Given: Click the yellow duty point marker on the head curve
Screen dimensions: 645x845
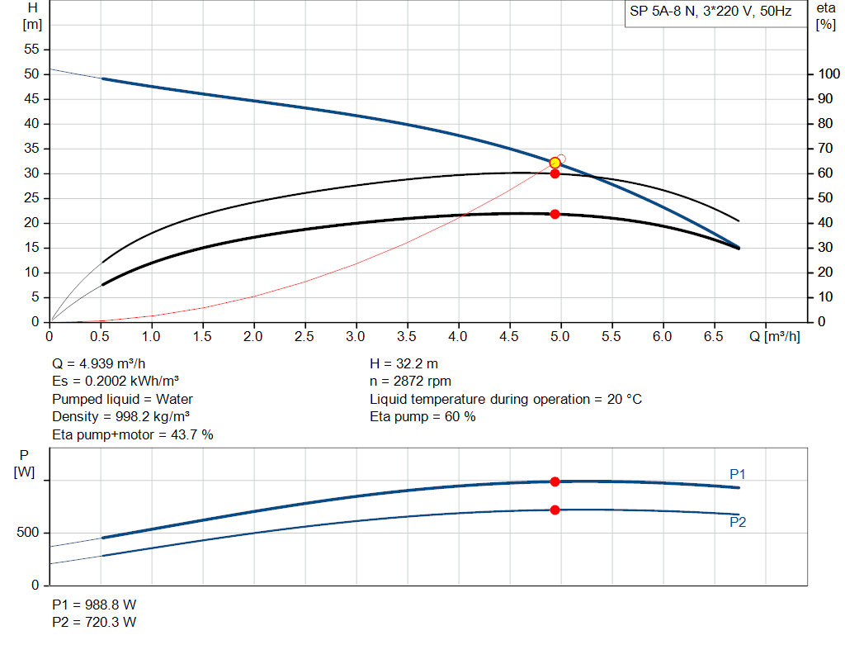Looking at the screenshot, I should tap(555, 163).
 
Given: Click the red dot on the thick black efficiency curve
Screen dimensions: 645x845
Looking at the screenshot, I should tap(555, 214).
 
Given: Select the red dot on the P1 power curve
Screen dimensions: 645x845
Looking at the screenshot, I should tap(555, 481).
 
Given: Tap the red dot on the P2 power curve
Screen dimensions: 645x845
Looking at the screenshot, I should tap(555, 510).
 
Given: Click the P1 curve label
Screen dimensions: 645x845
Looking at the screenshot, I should tap(737, 474).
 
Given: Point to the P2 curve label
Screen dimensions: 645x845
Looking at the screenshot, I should tap(737, 522).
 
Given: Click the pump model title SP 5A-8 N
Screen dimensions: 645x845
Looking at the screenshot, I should tap(709, 12).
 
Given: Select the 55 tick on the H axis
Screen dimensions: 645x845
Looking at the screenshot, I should tap(31, 50).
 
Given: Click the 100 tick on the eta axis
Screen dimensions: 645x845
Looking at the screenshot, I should tap(828, 74).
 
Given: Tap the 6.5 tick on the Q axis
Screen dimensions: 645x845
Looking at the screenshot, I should tap(713, 336).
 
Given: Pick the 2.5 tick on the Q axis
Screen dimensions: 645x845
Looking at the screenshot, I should tap(304, 336).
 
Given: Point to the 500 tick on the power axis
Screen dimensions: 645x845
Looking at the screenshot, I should tap(27, 534).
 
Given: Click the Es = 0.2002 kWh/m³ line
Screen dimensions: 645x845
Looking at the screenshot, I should tap(116, 382).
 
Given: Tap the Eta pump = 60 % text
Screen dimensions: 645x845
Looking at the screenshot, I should tap(422, 417).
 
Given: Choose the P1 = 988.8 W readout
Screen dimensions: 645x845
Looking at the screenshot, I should tap(94, 604).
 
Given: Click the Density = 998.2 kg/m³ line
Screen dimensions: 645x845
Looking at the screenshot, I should tap(121, 417).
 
